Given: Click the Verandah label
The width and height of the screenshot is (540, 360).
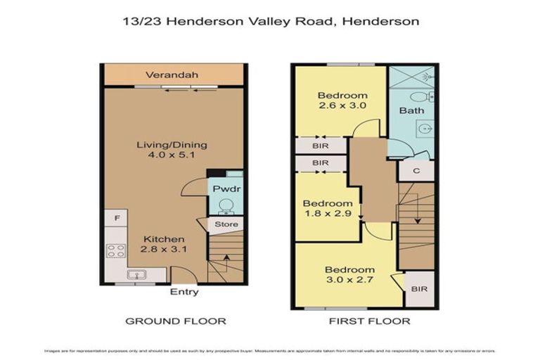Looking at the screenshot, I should tap(172, 75).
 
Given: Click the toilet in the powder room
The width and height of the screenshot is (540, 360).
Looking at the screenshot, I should tap(226, 205).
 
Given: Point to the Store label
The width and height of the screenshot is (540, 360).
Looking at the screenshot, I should tap(226, 224).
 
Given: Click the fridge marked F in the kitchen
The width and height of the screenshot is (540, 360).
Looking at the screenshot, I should tap(115, 219).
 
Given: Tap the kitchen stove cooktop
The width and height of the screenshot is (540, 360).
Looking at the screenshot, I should tap(115, 250).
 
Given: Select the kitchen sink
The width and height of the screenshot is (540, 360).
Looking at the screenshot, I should tap(136, 274).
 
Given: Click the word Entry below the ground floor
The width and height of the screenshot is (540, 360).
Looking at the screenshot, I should tap(184, 292).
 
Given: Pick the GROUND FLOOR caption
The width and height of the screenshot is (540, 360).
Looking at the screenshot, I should tap(175, 321).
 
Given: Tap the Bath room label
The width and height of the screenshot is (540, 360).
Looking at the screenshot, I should tap(411, 111).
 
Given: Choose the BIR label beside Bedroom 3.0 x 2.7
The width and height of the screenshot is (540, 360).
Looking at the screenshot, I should tap(419, 288).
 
